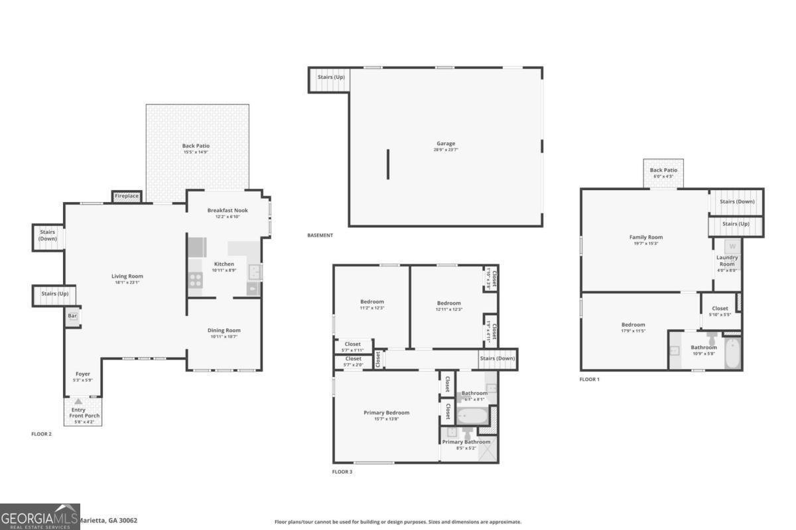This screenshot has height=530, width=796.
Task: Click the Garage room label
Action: tap(445, 143)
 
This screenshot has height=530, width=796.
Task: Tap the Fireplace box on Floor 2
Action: tap(127, 196)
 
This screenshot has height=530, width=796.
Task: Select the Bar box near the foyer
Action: tap(72, 316)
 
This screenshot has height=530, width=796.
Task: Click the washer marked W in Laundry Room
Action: tap(732, 246)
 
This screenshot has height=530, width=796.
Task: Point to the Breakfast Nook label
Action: tap(228, 211)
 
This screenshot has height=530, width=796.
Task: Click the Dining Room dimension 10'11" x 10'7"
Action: tap(224, 337)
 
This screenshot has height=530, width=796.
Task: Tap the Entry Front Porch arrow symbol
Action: tap(79, 401)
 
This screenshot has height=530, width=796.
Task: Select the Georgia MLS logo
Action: tap(40, 516)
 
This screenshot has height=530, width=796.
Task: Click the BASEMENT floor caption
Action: tap(320, 235)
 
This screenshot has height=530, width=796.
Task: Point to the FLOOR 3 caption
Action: tap(342, 472)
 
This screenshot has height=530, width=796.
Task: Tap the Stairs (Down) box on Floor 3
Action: tap(497, 358)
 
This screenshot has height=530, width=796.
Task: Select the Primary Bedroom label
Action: tap(386, 413)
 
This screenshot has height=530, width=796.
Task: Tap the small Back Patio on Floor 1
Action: tap(664, 174)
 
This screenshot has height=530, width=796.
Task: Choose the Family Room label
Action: tap(645, 237)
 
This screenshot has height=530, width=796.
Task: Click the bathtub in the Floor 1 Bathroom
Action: tap(732, 353)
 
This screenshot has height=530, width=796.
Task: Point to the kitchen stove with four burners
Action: tap(196, 280)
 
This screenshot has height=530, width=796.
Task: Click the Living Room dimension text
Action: tap(127, 283)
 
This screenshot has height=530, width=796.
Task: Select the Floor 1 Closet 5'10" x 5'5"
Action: tap(720, 311)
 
